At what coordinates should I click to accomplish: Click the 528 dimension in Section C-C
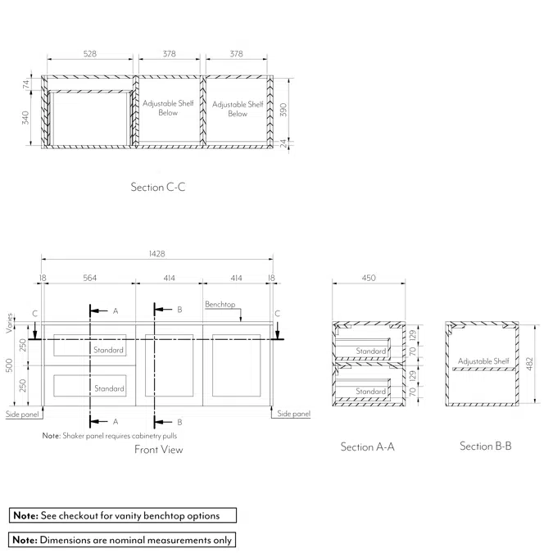(90, 54)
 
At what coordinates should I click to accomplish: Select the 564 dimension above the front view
(89, 279)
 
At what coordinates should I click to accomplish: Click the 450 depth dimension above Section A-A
(369, 279)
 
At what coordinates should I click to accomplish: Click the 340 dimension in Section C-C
(26, 118)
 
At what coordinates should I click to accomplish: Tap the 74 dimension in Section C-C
(26, 83)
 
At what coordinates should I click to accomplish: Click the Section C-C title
(158, 188)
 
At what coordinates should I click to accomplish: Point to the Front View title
(159, 450)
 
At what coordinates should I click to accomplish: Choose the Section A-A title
(368, 447)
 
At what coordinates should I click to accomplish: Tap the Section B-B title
(486, 446)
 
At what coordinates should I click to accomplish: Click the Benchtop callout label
(220, 305)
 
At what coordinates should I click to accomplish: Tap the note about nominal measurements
(122, 540)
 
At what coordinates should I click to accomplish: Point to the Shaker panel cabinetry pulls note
(109, 436)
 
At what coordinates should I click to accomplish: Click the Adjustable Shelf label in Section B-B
(483, 361)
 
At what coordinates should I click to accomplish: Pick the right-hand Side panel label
(293, 415)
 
